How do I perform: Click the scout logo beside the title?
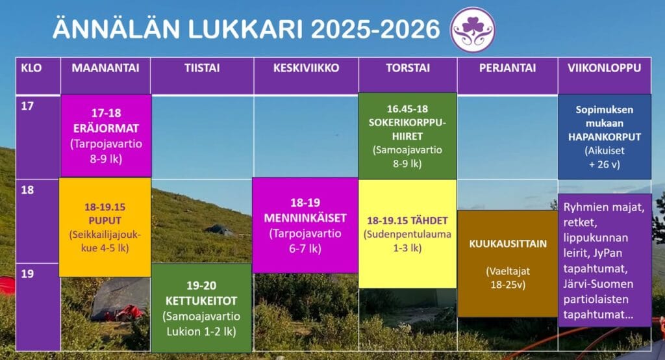point(472,29)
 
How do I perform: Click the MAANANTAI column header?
point(105,68)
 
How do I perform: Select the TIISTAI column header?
point(201,68)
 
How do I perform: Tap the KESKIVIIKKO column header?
point(306,68)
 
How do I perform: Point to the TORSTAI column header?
point(407,68)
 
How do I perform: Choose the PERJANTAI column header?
point(507,68)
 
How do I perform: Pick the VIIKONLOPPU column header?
point(604,68)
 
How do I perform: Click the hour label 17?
point(27,107)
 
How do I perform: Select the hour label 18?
point(27,190)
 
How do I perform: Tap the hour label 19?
point(27,274)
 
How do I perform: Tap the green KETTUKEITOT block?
point(201,307)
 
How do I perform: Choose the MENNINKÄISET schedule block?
point(305,225)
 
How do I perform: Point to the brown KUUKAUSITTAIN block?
point(507,263)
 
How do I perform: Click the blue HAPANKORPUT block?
point(604,136)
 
